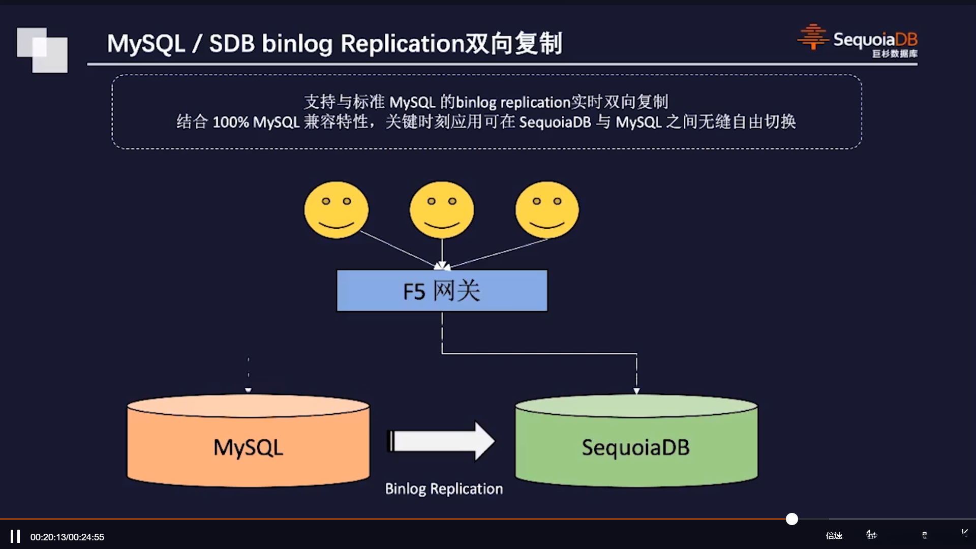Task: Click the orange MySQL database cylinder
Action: (x=248, y=441)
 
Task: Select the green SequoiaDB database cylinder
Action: (x=636, y=441)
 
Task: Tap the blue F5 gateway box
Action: (x=442, y=291)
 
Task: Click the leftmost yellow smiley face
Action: (x=336, y=209)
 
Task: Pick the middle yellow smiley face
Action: (x=442, y=209)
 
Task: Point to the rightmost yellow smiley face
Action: (x=547, y=209)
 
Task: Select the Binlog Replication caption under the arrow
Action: (x=444, y=489)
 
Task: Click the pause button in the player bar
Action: (x=15, y=536)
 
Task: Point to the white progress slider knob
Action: (x=792, y=519)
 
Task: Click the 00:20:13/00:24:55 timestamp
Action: (x=67, y=537)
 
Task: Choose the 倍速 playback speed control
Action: (x=834, y=535)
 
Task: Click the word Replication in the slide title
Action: (x=402, y=43)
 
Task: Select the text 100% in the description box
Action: (x=230, y=123)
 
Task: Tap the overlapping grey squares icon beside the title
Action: (x=42, y=50)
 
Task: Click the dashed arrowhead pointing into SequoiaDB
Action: (x=636, y=390)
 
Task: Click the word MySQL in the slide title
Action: (x=146, y=43)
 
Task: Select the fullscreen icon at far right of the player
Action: (x=964, y=533)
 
